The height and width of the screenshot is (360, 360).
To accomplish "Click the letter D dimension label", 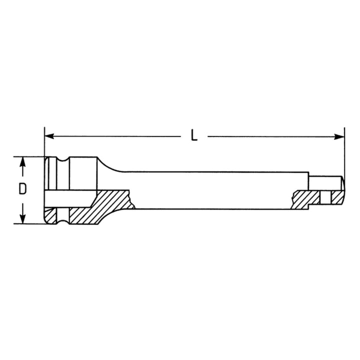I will [x=22, y=189].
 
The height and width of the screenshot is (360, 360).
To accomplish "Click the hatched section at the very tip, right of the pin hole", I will [x=335, y=198].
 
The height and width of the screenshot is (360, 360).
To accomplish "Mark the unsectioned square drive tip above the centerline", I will [x=325, y=182].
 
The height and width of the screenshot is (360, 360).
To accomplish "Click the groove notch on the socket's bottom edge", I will [x=63, y=220].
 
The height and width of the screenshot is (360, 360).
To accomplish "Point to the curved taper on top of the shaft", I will [x=111, y=165].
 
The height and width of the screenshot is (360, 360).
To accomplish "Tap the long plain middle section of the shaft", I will [x=210, y=190].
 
